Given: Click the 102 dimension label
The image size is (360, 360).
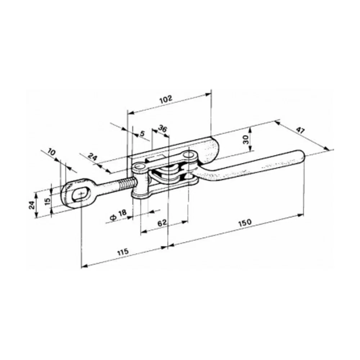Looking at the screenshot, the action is [x=166, y=99].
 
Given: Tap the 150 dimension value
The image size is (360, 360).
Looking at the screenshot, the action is [x=245, y=222].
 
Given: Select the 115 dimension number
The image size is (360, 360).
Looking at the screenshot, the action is [x=123, y=252].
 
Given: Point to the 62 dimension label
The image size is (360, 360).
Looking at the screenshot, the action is [x=162, y=223].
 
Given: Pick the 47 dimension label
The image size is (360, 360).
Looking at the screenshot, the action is [x=300, y=130].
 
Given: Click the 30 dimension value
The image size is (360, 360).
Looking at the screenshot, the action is [x=246, y=139].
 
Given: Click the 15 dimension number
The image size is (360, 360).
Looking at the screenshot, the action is [x=48, y=201].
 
